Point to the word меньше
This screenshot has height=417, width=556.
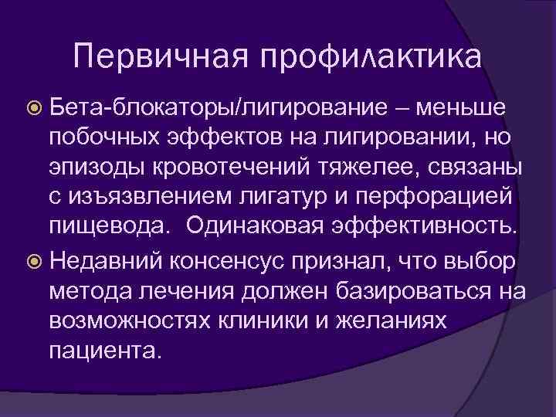coord(471,107)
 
